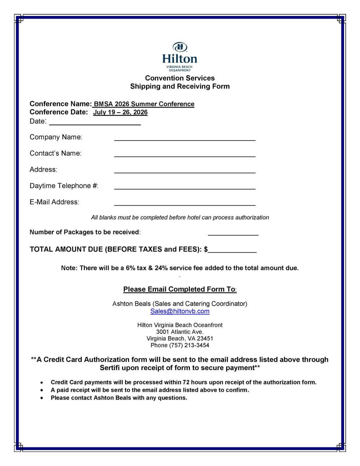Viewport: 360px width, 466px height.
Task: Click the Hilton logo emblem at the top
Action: coord(179,47)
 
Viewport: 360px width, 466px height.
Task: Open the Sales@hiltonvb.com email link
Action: coord(180,311)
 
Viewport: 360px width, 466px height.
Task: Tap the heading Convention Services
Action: coord(180,78)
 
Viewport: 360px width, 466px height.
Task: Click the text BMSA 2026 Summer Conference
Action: coord(144,104)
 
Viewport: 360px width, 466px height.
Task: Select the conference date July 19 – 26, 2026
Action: coord(120,113)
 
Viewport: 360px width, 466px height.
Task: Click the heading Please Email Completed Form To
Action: coord(179,289)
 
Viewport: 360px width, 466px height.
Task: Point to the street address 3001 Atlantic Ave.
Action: coord(180,332)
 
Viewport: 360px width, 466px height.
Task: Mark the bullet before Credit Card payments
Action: coord(42,383)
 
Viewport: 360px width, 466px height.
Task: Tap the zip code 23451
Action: coord(205,339)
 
